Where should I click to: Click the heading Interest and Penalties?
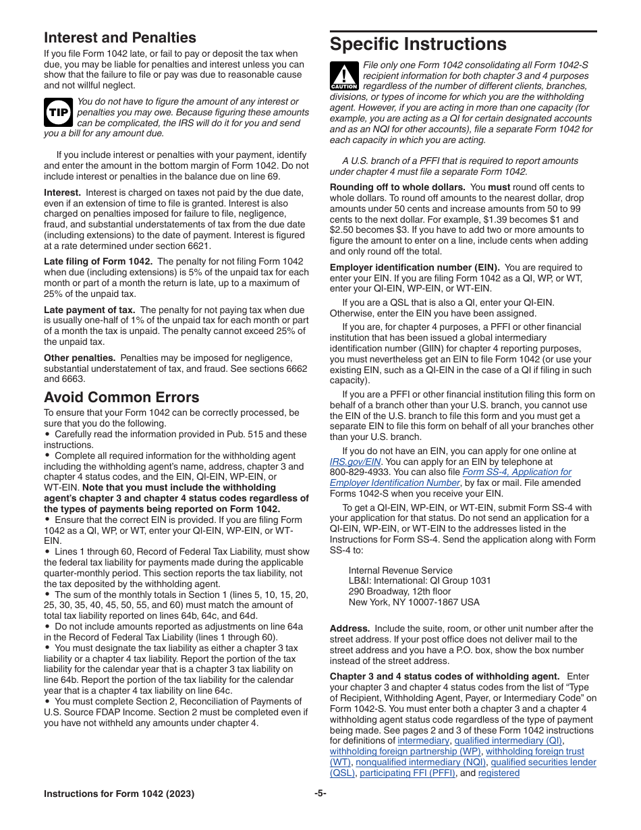120,38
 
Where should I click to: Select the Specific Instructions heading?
418,45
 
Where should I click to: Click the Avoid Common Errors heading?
121,397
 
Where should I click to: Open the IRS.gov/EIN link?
346,462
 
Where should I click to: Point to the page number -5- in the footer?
320,794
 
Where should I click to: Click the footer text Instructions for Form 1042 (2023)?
119,794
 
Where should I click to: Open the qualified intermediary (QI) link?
508,741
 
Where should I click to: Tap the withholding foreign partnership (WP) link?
405,752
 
